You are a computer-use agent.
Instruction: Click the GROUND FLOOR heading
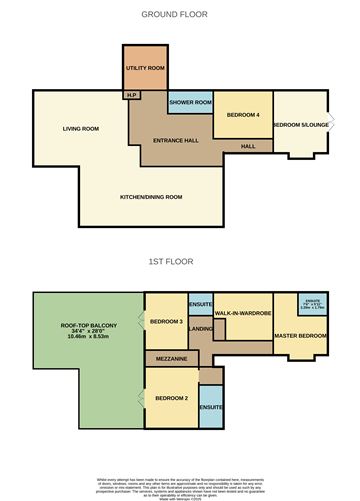click(179, 15)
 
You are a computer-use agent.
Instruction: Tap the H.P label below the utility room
click(131, 96)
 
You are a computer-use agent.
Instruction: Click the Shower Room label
click(189, 103)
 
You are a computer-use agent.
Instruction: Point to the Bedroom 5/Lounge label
click(300, 124)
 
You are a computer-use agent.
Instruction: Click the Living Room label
click(79, 129)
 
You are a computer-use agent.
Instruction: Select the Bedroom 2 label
click(169, 399)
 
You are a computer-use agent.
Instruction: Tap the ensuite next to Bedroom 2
click(210, 408)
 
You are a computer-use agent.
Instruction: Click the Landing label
click(201, 328)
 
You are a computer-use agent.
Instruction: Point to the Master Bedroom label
click(301, 335)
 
